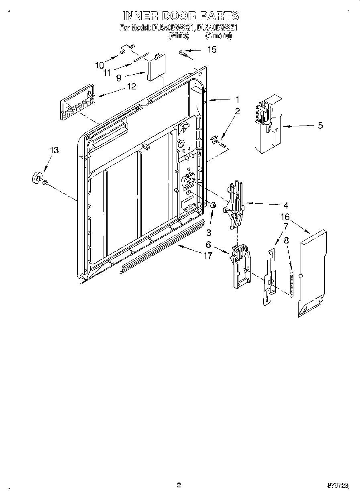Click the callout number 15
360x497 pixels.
pos(211,50)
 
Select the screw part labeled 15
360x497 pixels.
pos(184,53)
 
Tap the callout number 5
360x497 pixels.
pos(320,125)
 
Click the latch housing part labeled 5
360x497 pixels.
pos(268,124)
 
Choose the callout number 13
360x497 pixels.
pos(54,150)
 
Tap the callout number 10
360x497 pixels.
pos(99,65)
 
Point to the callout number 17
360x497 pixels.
pos(207,256)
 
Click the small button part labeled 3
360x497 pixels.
pos(214,206)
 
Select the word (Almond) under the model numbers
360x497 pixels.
pos(218,36)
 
